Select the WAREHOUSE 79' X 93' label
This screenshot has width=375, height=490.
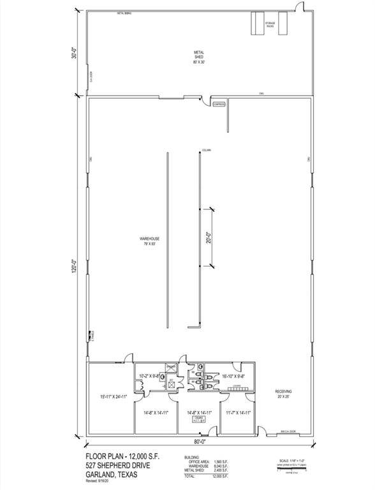coord(148,241)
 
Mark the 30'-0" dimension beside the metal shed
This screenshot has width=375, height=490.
coord(76,54)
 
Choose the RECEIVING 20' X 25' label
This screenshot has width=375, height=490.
coord(284,394)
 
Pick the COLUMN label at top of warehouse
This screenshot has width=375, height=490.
coord(206,149)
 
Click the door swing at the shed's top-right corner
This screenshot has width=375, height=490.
coord(297,8)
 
